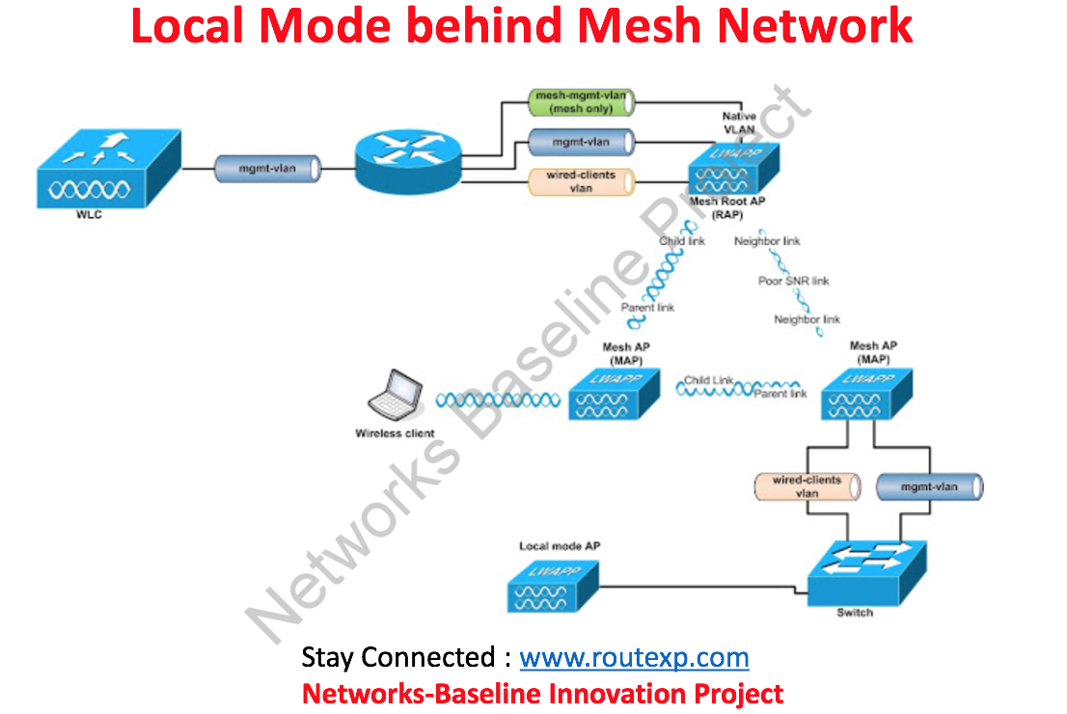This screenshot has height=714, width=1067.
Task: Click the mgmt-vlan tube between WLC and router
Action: (267, 169)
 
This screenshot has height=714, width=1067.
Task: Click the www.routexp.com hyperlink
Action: (634, 658)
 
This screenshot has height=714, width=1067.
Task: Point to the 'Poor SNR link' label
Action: (793, 281)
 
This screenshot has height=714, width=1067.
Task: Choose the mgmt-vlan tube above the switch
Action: (928, 487)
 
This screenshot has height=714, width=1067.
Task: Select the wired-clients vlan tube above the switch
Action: (807, 486)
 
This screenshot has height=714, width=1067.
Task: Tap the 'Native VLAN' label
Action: (739, 123)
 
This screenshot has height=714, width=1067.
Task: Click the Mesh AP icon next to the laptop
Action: (614, 395)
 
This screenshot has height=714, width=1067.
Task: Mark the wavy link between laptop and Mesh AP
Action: (497, 399)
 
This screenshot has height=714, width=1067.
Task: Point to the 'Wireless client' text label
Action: (395, 433)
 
